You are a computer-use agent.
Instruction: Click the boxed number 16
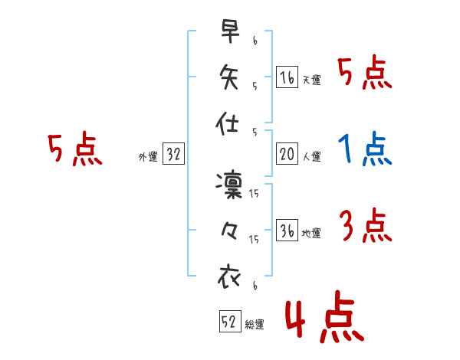pos(287,77)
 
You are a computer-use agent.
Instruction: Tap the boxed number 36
pos(287,231)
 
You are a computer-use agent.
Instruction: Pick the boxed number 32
pos(173,155)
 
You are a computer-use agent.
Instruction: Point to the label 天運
pos(311,80)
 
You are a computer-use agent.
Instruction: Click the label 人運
pos(311,157)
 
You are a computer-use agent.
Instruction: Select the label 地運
pos(311,234)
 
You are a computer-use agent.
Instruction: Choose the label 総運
pos(255,324)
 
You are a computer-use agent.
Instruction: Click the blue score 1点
pos(365,149)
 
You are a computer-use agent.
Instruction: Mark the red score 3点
pos(365,226)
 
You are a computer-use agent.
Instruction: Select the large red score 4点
pos(323,319)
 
